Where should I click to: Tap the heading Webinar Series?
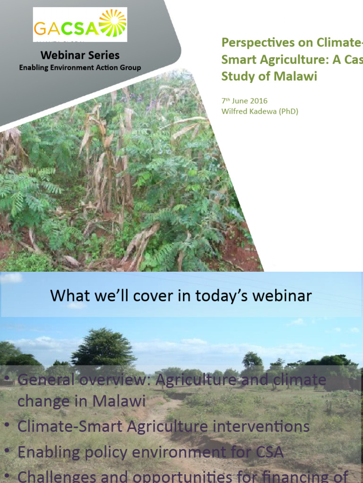(x=80, y=55)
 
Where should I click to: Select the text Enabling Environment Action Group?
(x=80, y=67)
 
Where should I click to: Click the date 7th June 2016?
(x=244, y=101)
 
